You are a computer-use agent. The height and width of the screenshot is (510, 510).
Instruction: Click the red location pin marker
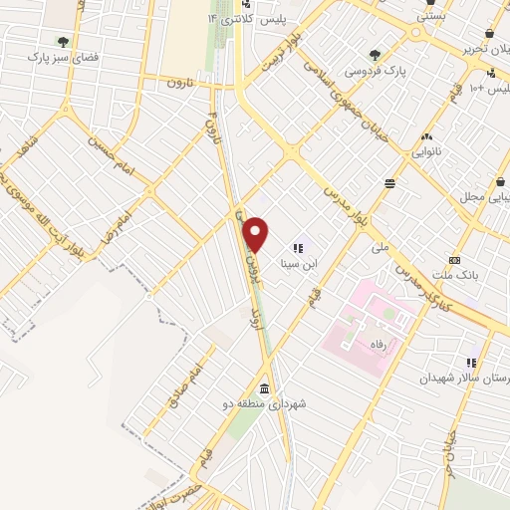(x=257, y=234)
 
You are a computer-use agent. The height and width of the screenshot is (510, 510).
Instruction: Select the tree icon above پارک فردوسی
(x=375, y=55)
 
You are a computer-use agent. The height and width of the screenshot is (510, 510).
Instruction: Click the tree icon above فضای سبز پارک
(x=63, y=42)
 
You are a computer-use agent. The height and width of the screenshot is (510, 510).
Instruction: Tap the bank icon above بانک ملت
(x=455, y=259)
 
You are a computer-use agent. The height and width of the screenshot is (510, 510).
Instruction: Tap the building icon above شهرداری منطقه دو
(x=264, y=388)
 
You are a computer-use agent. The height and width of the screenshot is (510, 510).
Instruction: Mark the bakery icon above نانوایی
(x=426, y=137)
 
